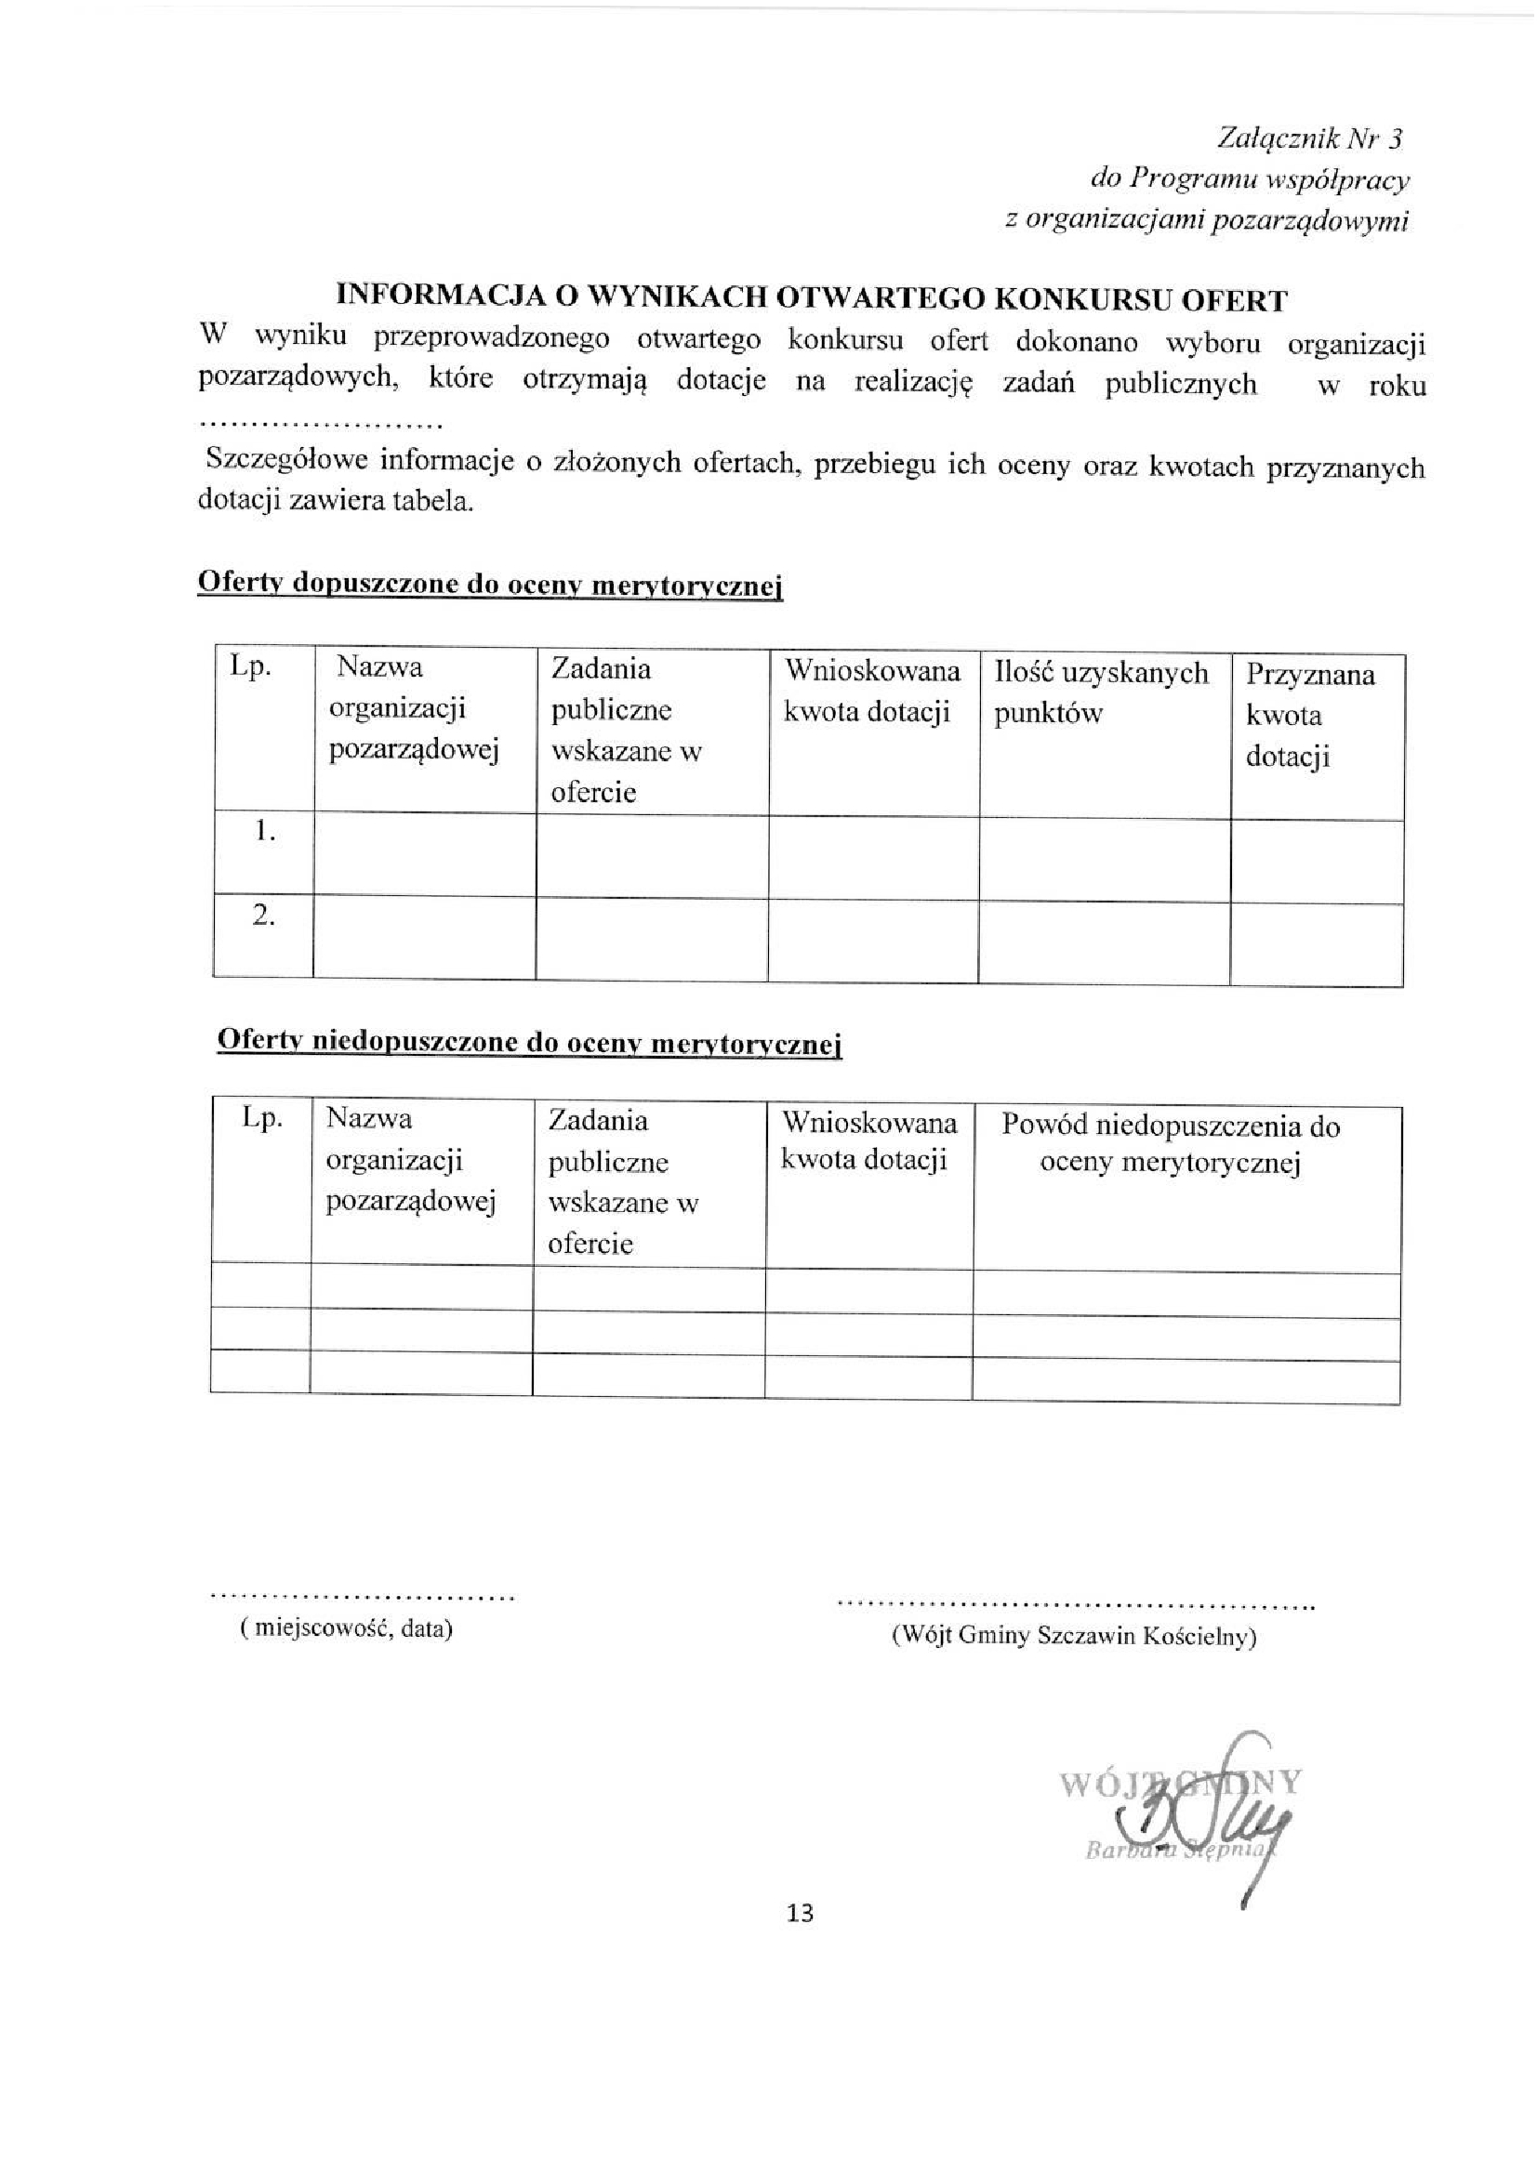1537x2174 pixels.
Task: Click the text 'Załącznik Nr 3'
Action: coord(1309,139)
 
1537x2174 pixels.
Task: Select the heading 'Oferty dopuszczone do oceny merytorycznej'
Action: coord(490,585)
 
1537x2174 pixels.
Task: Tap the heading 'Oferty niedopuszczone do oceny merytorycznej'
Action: coord(529,1042)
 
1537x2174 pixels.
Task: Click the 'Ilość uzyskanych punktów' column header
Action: coord(1101,693)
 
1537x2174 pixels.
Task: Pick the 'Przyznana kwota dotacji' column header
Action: coord(1310,715)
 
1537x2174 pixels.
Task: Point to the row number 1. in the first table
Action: coord(264,832)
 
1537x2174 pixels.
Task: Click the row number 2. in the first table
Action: coord(263,916)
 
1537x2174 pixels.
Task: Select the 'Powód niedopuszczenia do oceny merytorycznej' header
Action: coord(1171,1144)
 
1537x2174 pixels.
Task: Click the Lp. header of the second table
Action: coord(262,1118)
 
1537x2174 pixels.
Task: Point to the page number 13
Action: coord(800,1914)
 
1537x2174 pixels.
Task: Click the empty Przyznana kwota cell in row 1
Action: coord(1317,860)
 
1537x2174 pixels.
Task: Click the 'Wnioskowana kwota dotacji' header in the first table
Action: coord(872,692)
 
